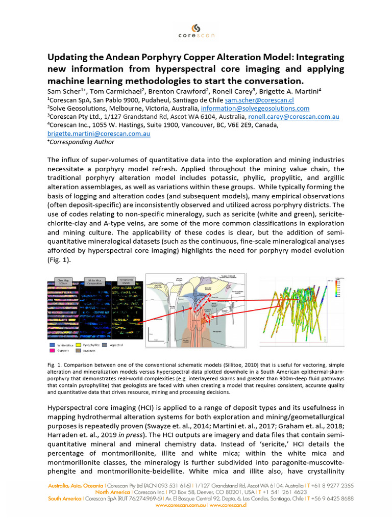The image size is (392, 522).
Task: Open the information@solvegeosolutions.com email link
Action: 255,109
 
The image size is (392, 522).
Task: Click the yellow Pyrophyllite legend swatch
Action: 79,345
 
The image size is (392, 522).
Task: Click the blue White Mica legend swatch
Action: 51,345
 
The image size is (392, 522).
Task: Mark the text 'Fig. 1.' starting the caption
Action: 55,365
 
